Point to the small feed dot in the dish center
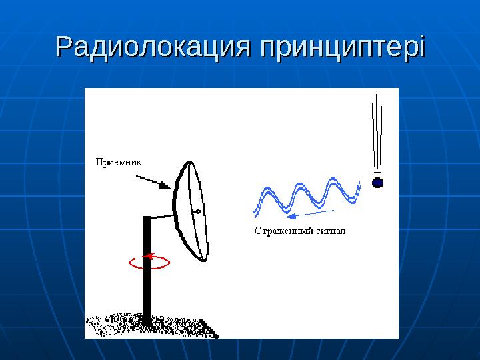coord(197,212)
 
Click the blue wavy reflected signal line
coord(307,197)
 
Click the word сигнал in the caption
coord(334,231)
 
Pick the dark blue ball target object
coord(377,181)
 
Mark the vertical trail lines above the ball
coord(377,133)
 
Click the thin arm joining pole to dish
coord(162,216)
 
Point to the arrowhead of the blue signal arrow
coord(288,215)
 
